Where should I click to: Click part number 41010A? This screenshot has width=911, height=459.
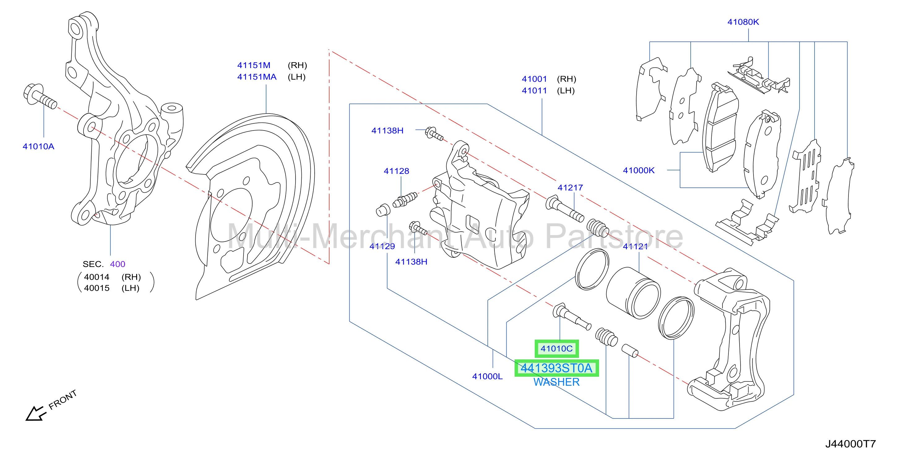[x=38, y=146]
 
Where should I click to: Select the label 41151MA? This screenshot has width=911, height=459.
[x=257, y=77]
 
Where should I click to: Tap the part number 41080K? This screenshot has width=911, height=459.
[x=743, y=22]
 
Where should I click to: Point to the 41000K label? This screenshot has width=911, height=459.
[x=639, y=170]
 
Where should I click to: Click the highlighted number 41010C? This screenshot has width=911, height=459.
[x=557, y=349]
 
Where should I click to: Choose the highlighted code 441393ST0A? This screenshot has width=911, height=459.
[x=557, y=368]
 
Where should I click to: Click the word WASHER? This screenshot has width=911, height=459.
[x=557, y=382]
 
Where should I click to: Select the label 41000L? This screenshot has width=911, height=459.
[x=487, y=376]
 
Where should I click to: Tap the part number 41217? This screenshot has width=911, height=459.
[x=570, y=188]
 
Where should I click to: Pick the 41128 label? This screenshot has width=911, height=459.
[x=396, y=171]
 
